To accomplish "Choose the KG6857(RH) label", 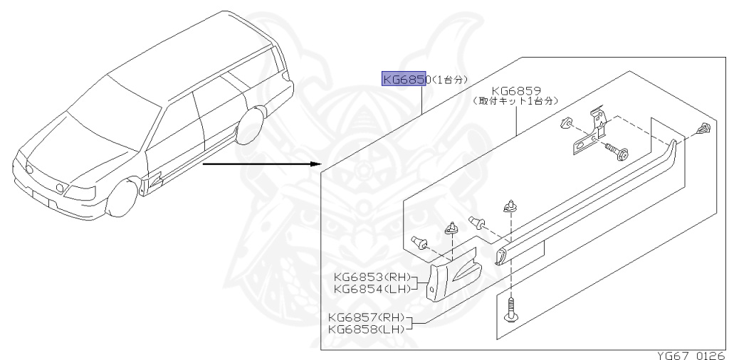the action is click(366, 317).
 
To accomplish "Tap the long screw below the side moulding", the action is click(510, 311).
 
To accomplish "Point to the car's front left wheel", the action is click(121, 200).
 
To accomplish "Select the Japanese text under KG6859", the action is click(516, 102).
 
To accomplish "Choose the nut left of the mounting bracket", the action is click(566, 122).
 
